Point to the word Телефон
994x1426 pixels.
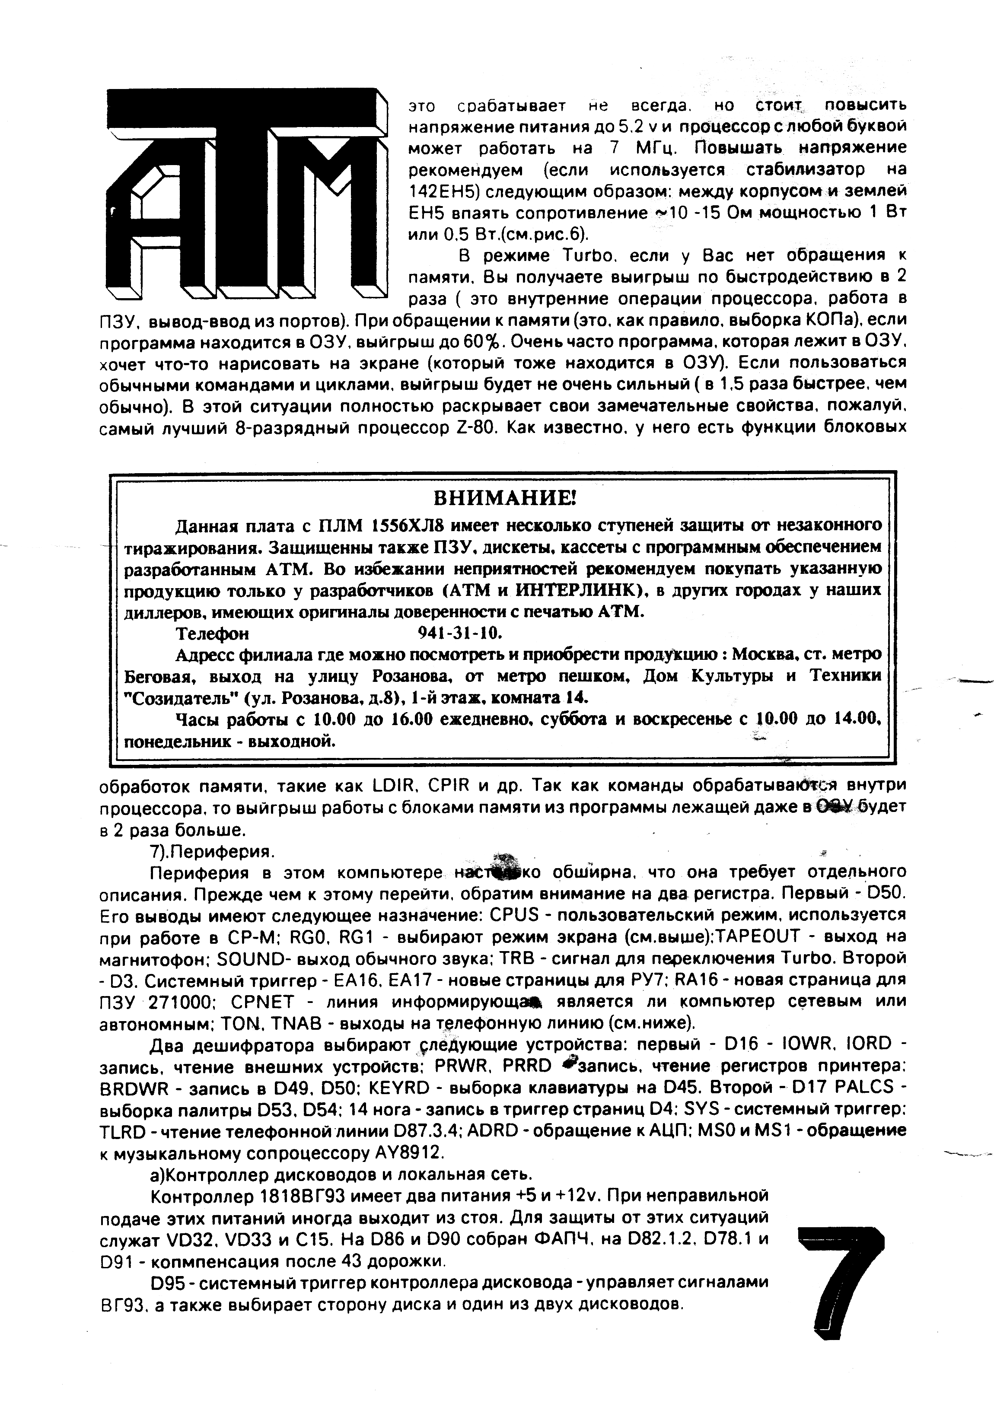click(213, 634)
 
